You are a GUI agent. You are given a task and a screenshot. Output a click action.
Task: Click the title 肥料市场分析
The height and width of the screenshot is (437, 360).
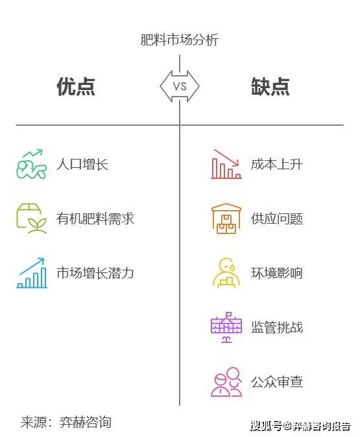click(179, 40)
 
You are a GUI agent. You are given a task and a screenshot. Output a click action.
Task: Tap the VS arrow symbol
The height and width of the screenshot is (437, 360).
click(180, 86)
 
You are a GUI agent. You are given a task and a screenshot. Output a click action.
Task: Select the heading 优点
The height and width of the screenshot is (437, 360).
click(76, 87)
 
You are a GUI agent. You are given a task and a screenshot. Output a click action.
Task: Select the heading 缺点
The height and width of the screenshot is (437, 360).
click(270, 87)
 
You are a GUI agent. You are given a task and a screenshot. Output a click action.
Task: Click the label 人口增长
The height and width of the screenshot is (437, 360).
click(82, 164)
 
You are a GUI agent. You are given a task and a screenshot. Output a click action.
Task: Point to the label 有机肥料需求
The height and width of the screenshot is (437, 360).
click(95, 218)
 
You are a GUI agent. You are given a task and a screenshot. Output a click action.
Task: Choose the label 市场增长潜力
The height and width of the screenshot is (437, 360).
click(95, 273)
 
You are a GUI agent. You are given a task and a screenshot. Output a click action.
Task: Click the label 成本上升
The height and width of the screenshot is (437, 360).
click(276, 164)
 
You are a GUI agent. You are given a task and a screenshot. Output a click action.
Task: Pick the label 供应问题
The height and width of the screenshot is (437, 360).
click(276, 218)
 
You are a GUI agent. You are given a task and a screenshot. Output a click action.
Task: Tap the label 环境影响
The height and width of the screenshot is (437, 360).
click(276, 273)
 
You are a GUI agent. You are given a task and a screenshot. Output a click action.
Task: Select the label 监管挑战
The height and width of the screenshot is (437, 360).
click(276, 327)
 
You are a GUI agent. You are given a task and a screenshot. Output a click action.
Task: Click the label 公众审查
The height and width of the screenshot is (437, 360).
click(276, 382)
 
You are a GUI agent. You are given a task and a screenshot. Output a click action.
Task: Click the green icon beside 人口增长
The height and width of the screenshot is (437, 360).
click(32, 164)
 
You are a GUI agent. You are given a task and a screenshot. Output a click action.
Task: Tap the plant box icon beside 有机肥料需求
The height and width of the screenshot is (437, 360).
click(32, 218)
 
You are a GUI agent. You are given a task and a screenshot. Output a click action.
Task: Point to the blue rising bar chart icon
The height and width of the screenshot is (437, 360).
click(32, 273)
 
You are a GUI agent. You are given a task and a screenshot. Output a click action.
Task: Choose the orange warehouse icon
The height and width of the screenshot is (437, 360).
click(226, 218)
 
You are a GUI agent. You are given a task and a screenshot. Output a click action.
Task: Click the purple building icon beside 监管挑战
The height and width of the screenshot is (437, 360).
click(226, 327)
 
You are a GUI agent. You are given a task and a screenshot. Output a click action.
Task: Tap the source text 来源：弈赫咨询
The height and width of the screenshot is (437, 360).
click(66, 422)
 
